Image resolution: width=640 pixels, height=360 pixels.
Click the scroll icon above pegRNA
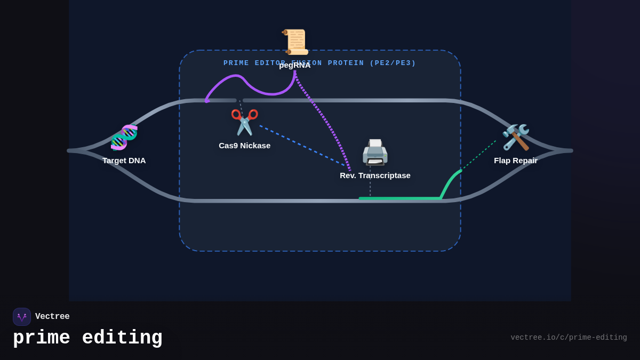point(295,42)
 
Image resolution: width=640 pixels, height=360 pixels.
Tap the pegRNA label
point(295,65)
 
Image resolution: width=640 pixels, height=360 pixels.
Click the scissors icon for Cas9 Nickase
point(244,122)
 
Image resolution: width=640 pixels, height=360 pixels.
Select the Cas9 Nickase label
point(244,146)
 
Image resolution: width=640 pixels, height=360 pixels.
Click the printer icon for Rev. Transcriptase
point(375,153)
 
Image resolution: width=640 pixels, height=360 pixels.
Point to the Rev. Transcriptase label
point(375,175)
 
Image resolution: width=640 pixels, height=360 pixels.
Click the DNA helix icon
point(124,138)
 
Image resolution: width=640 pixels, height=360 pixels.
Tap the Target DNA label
point(124,161)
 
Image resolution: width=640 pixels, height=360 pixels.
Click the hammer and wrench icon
point(516,138)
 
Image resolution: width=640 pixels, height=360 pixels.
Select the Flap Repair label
point(516,161)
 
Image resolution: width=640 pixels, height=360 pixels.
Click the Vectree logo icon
point(22,317)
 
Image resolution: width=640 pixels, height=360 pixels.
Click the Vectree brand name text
point(52,317)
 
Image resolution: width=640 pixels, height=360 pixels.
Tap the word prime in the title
point(42,338)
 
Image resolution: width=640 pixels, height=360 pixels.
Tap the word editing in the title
point(122,338)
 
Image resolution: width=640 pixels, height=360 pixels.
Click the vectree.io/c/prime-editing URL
point(569,338)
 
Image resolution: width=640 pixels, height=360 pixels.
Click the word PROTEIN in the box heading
point(346,63)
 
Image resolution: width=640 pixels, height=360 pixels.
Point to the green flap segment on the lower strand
point(400,198)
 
